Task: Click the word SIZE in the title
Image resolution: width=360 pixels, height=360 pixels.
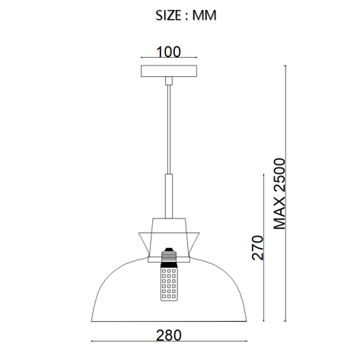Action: tap(168, 15)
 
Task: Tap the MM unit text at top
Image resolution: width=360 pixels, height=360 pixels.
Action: tap(204, 15)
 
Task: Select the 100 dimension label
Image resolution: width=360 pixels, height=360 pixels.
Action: tap(169, 52)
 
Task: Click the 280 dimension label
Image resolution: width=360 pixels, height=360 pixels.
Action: tap(169, 336)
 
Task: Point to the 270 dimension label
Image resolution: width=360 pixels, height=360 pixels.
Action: tap(257, 247)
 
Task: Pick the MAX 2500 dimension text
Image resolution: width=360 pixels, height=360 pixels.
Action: tap(279, 193)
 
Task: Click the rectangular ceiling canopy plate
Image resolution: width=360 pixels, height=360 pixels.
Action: tap(169, 71)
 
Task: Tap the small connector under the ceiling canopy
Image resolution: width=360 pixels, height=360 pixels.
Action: tap(169, 81)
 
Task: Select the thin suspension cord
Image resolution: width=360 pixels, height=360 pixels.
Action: tap(169, 129)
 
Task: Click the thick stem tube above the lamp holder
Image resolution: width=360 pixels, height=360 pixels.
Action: tap(169, 196)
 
